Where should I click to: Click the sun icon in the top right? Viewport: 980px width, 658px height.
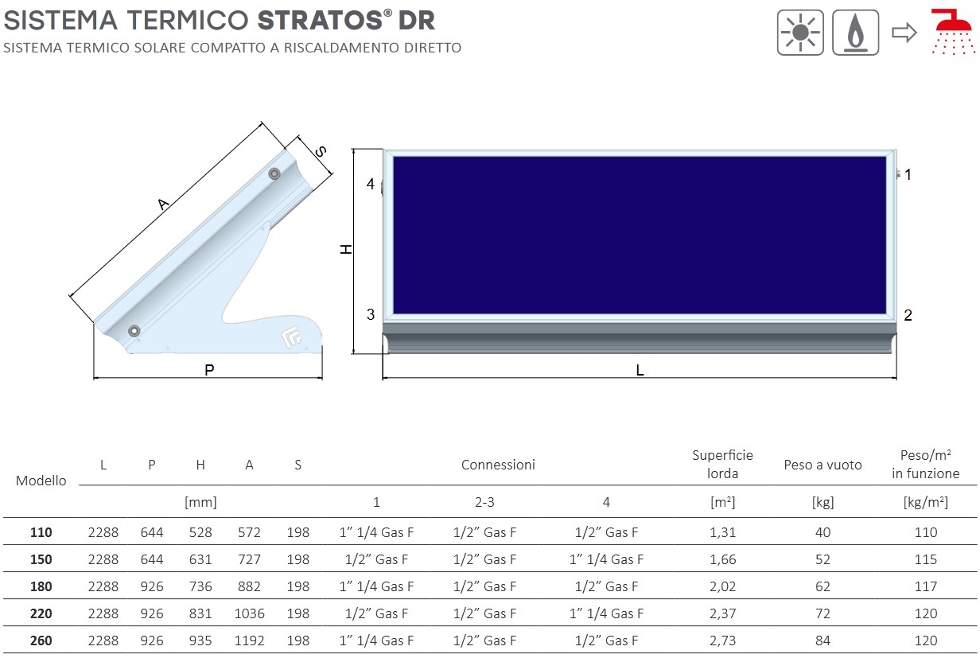800,33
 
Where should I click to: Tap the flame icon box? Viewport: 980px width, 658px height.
855,33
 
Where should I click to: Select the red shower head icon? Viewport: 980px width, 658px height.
954,32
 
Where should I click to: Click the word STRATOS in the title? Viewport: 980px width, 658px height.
320,21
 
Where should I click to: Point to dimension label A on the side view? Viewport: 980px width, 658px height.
163,204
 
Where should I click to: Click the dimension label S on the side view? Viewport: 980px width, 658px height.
321,151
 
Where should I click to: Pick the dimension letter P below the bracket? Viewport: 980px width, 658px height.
209,370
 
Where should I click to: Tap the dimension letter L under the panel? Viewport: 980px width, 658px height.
640,371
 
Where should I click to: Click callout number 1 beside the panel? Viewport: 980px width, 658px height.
908,174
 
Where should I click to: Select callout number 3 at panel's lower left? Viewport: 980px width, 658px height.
371,314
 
